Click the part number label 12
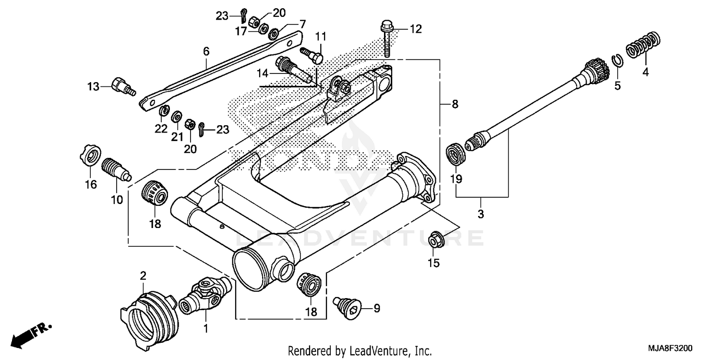415,29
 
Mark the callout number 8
455,104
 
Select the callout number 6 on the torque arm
206,51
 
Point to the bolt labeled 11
312,53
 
